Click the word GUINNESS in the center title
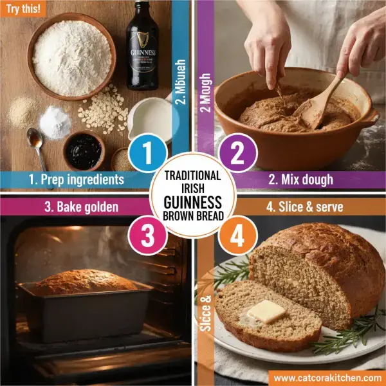point(193,200)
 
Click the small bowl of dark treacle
point(83,152)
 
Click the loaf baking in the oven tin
point(85,282)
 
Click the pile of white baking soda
point(55,122)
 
